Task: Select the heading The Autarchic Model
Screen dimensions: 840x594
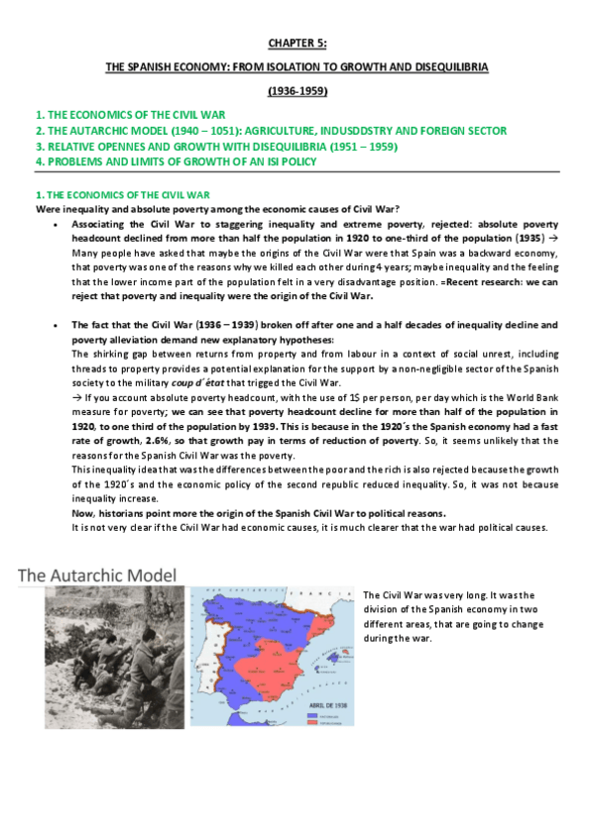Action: pyautogui.click(x=97, y=575)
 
